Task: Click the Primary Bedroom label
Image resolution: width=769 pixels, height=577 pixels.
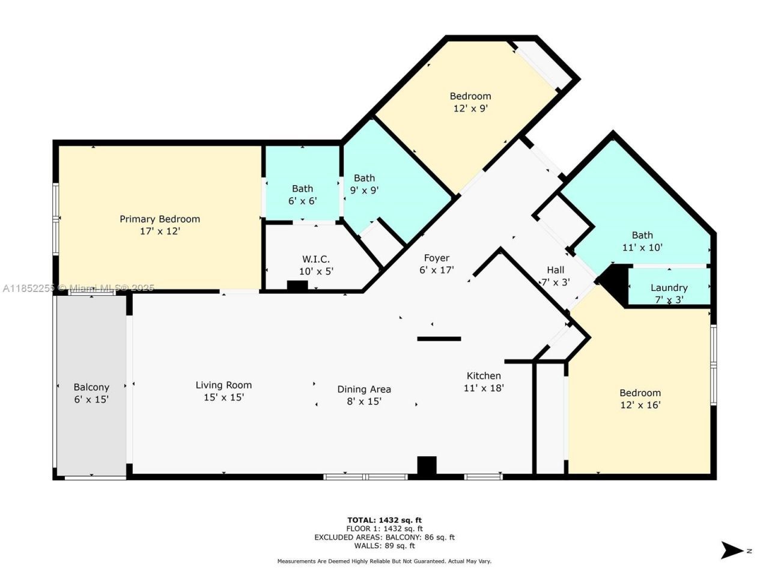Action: coord(159,219)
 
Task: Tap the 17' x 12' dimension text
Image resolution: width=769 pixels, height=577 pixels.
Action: coord(160,231)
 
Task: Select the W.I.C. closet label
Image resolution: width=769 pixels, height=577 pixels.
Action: coord(315,259)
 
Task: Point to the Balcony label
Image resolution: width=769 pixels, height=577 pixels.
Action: coord(91,387)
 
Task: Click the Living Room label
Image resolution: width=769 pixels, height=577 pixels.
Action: coord(223,385)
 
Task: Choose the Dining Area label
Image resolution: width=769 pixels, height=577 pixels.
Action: coord(364,389)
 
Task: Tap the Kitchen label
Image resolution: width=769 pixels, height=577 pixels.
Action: coord(484,376)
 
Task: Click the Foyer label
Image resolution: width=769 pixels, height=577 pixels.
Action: coord(436,258)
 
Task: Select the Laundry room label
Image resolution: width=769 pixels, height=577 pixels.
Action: coord(669,287)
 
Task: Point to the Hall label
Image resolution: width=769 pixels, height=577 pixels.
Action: coord(555,270)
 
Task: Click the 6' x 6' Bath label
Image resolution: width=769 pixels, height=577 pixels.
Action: coord(302,189)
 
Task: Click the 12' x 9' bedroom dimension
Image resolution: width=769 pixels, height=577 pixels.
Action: coord(470,109)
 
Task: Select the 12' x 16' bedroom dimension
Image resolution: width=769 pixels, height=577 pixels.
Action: coord(640,405)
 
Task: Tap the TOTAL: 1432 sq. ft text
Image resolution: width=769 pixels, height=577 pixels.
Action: coord(384,520)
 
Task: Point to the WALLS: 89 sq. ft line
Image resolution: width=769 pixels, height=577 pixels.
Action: coord(384,546)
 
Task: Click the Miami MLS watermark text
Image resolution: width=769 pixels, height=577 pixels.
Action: coord(78,288)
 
